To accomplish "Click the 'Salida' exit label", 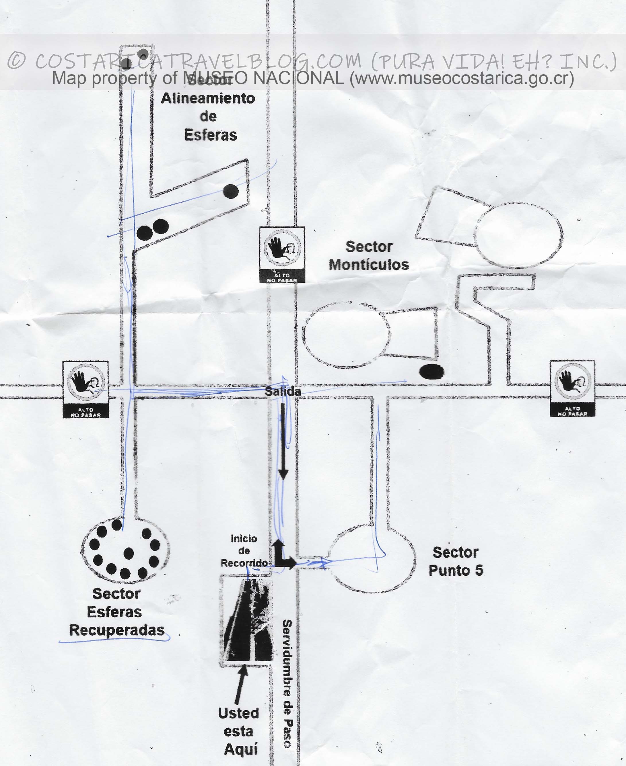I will pos(283,391).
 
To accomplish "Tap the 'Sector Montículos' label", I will pos(369,255).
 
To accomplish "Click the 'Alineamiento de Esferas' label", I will pos(208,116).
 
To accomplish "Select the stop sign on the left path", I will pos(85,389).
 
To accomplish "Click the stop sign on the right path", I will pos(572,388).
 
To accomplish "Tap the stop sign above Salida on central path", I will pos(282,254).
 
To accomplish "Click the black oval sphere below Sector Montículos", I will pos(432,372).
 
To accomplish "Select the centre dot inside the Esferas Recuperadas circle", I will pos(128,553).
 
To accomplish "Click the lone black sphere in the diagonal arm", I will pos(231,191).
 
